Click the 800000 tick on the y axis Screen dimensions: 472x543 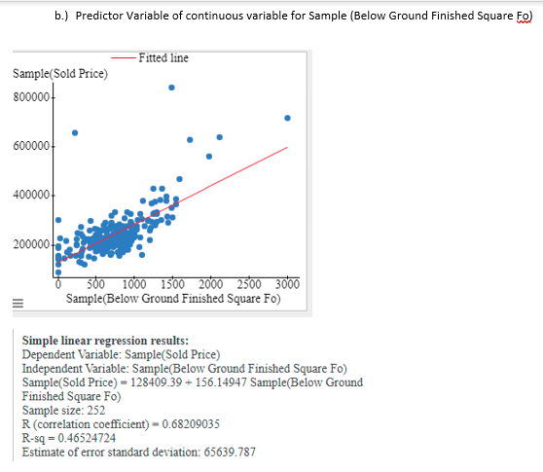click(32, 97)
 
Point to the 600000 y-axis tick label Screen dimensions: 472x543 click(32, 146)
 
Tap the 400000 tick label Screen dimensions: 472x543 click(32, 195)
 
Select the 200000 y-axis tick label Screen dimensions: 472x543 click(32, 243)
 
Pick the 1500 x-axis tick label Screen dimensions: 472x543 click(171, 284)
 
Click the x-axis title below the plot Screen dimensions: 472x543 click(173, 298)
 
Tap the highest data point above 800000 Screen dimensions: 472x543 click(172, 87)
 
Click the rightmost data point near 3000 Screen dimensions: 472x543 click(287, 118)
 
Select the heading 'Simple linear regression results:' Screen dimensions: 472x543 click(105, 341)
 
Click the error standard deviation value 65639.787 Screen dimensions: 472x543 click(223, 451)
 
